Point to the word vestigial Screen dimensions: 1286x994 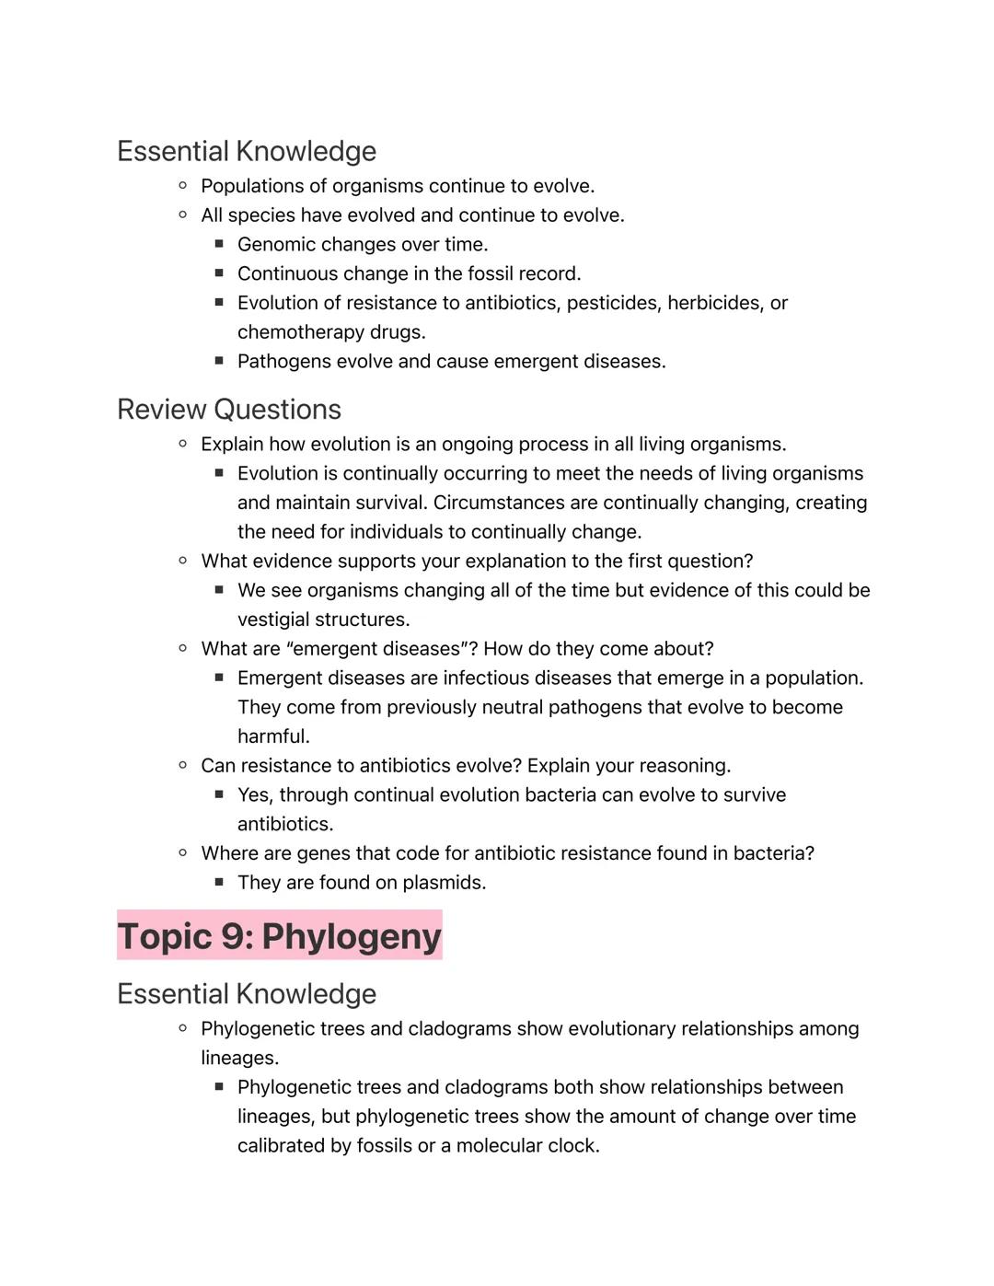pos(273,620)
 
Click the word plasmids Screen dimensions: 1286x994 pos(445,883)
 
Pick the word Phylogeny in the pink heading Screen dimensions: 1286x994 pos(352,936)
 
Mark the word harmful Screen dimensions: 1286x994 pos(273,736)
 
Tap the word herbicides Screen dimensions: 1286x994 pos(715,303)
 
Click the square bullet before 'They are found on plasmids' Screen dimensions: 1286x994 pos(219,882)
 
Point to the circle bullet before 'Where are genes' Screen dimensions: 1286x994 pos(182,853)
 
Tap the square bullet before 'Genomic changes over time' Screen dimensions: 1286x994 pos(219,244)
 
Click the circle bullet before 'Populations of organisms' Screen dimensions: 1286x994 pos(182,186)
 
